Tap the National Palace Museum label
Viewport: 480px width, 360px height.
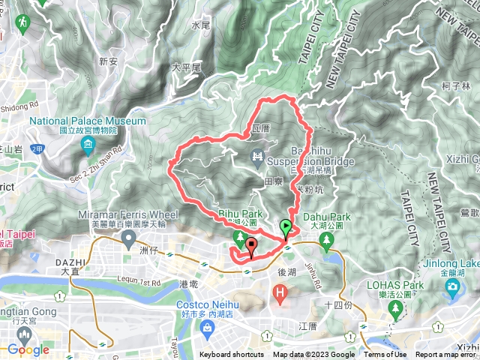(88, 121)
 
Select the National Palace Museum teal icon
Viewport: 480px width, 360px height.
(88, 143)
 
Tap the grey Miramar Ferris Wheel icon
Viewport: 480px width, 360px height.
(128, 238)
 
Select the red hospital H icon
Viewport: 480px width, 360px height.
(280, 291)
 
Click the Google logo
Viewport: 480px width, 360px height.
(28, 349)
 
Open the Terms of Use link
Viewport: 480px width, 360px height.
(385, 355)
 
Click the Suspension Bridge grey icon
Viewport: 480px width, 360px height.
(257, 155)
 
